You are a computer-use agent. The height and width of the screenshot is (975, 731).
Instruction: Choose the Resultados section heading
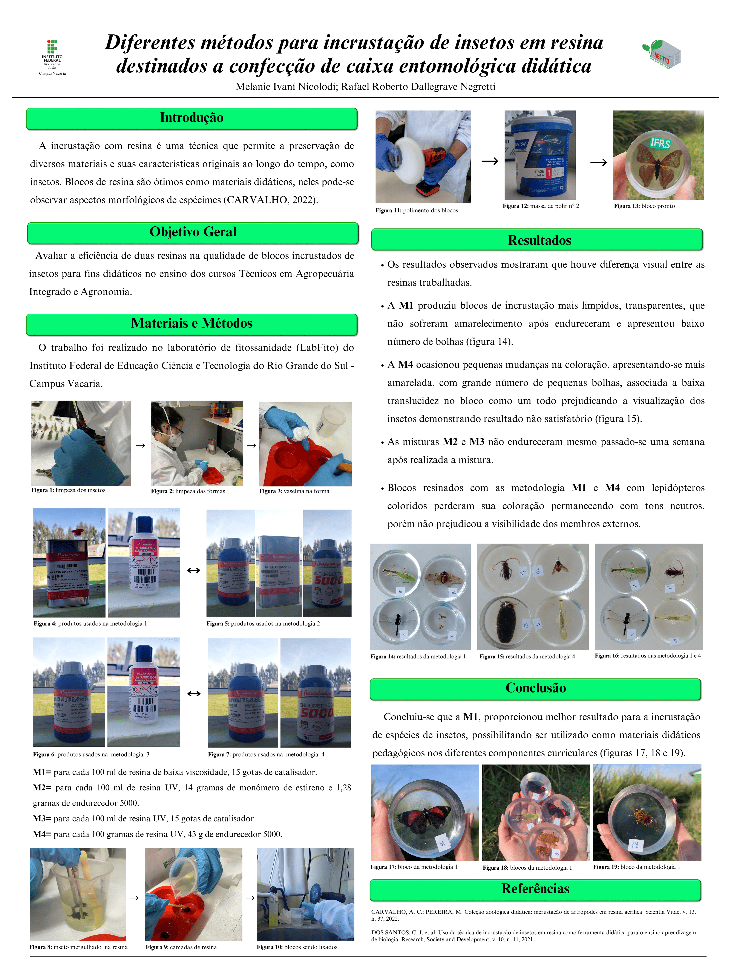[539, 240]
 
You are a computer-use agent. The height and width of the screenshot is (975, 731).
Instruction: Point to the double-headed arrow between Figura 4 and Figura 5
[193, 570]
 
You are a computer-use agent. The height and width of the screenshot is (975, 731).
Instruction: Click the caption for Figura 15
[527, 657]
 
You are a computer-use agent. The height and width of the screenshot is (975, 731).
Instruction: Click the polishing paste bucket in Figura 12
[540, 154]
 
